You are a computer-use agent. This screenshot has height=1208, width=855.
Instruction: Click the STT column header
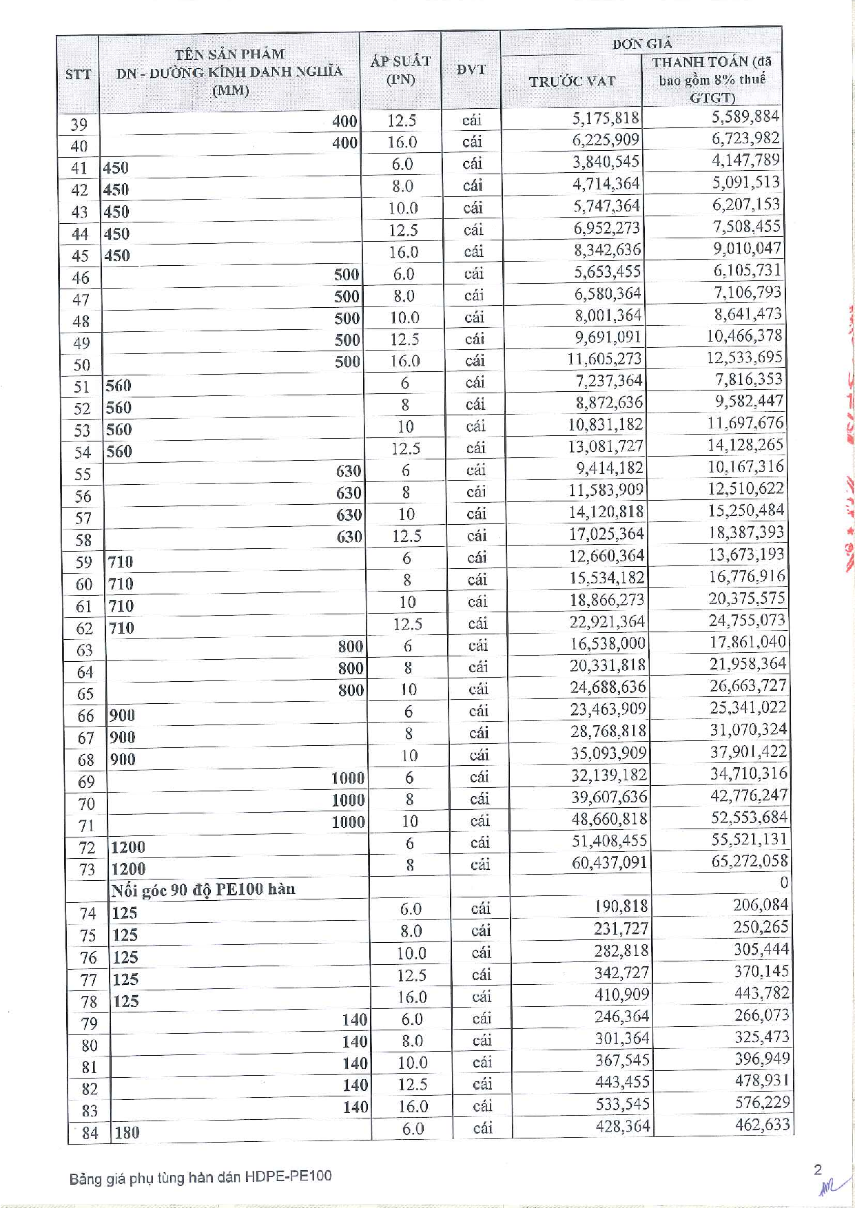click(x=78, y=74)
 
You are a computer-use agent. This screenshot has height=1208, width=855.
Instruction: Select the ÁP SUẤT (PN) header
click(x=400, y=70)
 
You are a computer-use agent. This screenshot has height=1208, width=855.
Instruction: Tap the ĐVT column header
click(x=471, y=70)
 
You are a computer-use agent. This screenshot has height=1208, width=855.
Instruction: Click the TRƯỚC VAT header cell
click(x=572, y=81)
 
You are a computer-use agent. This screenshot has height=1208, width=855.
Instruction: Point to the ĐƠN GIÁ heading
click(x=641, y=44)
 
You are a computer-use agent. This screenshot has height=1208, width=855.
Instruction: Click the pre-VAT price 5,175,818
click(x=606, y=118)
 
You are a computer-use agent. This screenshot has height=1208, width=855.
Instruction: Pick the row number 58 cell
click(x=83, y=540)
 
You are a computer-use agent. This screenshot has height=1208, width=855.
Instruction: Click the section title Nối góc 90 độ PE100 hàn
click(x=203, y=890)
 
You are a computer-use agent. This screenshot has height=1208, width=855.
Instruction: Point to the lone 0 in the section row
click(x=784, y=883)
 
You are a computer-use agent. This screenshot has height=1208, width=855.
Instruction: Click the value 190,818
click(x=621, y=907)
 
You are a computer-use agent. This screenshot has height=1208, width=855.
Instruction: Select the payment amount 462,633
click(x=761, y=1125)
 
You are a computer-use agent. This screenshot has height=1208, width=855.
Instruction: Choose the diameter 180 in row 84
click(x=127, y=1132)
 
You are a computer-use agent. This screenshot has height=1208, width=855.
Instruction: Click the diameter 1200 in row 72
click(x=128, y=847)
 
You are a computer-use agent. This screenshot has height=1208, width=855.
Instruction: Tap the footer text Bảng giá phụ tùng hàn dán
click(x=200, y=1177)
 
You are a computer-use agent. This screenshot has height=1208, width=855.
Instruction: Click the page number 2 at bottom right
click(x=818, y=1169)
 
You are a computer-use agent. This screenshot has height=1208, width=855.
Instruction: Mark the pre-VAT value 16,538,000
click(x=607, y=644)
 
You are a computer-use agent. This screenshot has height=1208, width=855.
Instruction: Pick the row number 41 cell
click(x=80, y=168)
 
